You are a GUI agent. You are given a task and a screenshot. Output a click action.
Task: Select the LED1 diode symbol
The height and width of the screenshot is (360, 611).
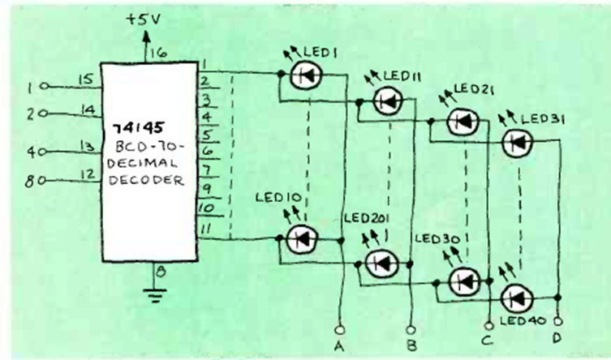(308, 74)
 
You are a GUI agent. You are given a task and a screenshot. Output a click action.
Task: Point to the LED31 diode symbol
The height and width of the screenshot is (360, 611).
(517, 144)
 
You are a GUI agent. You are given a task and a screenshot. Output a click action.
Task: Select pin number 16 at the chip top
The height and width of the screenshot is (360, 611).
(159, 54)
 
